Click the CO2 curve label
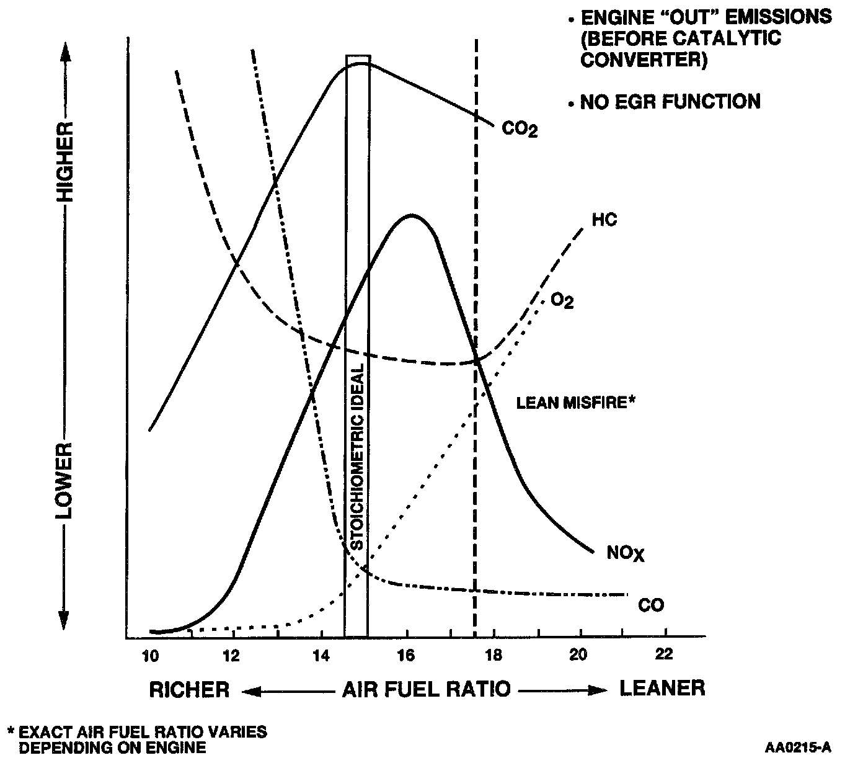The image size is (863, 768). pos(519,130)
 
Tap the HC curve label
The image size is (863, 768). pos(604,220)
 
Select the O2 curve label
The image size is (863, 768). pos(562,301)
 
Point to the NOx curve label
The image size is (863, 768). pos(626,553)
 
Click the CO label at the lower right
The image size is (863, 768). pos(650,605)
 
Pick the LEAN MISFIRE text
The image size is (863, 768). pos(576,403)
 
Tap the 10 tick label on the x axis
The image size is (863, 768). pos(149,655)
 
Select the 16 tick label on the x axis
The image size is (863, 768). pos(406,655)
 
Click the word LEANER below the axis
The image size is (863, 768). pos(662,688)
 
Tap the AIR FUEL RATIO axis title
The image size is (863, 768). pos(427,689)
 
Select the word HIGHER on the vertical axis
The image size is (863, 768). pos(64,161)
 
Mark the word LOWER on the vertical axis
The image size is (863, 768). pos(64,481)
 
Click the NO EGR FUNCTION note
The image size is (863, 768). pos(670,102)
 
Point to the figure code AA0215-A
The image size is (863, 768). pos(798,748)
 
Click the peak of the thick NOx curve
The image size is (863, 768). pos(410,216)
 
